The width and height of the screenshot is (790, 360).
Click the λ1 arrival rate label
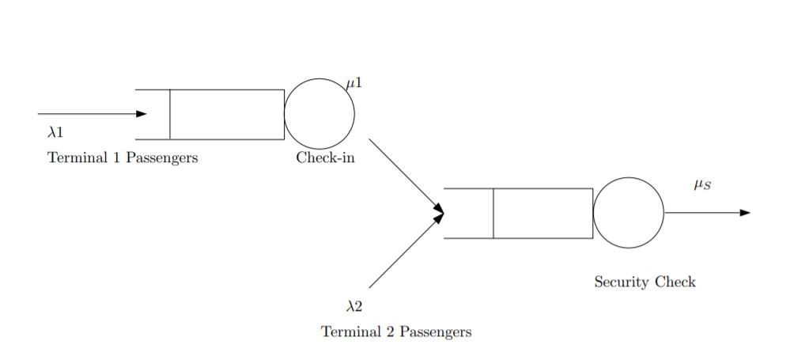pyautogui.click(x=55, y=132)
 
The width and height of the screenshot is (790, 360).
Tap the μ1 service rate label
pyautogui.click(x=354, y=82)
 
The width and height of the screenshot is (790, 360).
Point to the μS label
pyautogui.click(x=702, y=185)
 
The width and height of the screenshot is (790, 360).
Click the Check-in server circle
pyautogui.click(x=319, y=114)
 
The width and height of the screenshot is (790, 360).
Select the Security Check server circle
pyautogui.click(x=629, y=213)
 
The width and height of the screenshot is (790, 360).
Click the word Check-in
pyautogui.click(x=326, y=157)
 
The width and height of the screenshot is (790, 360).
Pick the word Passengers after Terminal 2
pyautogui.click(x=435, y=332)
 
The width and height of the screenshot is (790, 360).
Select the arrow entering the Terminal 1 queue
pyautogui.click(x=91, y=114)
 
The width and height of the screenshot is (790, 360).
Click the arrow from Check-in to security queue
pyautogui.click(x=406, y=176)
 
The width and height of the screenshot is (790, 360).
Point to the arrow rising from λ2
pyautogui.click(x=406, y=249)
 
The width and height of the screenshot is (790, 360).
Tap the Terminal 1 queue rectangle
pyautogui.click(x=227, y=114)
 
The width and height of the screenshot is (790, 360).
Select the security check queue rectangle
pyautogui.click(x=542, y=214)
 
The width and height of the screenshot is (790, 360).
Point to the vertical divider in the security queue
pyautogui.click(x=493, y=214)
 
